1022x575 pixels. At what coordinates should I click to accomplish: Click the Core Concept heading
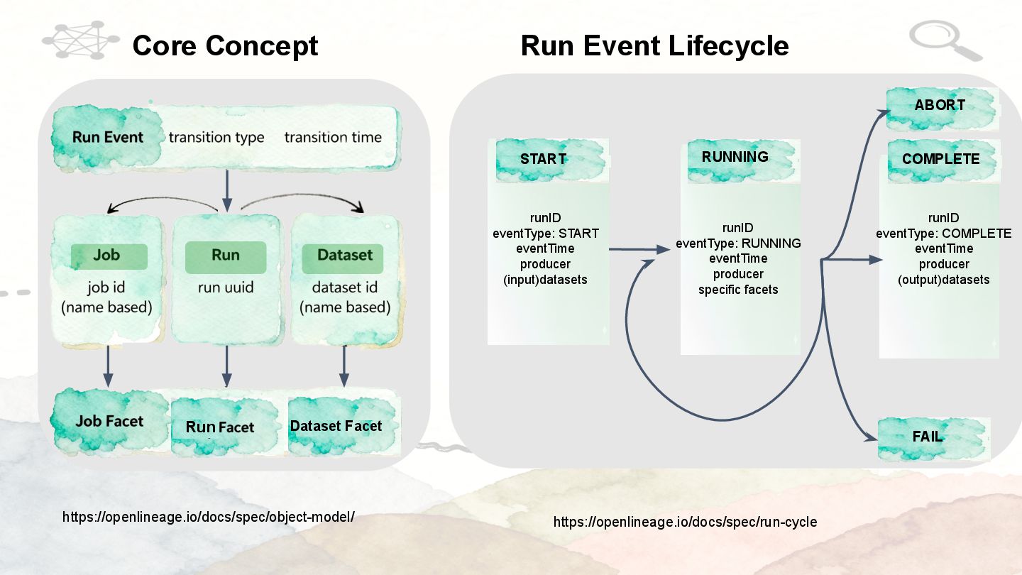[x=225, y=46]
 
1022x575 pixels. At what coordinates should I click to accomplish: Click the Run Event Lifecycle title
[x=654, y=46]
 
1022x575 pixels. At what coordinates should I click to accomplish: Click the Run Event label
[x=108, y=137]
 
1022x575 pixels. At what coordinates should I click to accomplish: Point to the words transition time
[x=333, y=137]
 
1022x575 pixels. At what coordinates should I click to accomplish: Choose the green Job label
[x=109, y=256]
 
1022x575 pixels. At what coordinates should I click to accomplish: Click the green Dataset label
[x=344, y=256]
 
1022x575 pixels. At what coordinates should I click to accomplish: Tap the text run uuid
[x=225, y=287]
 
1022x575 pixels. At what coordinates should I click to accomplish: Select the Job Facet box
[x=109, y=421]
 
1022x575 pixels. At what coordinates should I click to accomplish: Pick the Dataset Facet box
[x=336, y=426]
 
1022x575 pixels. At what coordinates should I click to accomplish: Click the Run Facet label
[x=220, y=427]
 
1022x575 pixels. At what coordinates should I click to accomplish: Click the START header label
[x=543, y=159]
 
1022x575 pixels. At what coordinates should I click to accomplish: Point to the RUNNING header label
[x=735, y=157]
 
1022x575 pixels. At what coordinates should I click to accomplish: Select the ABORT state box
[x=940, y=105]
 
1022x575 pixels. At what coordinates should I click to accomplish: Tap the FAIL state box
[x=928, y=436]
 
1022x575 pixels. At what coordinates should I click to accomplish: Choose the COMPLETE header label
[x=940, y=159]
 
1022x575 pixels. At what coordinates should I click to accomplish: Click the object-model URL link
[x=208, y=517]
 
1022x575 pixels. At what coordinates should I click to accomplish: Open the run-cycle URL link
[x=685, y=522]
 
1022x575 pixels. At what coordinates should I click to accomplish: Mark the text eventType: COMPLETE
[x=944, y=234]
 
